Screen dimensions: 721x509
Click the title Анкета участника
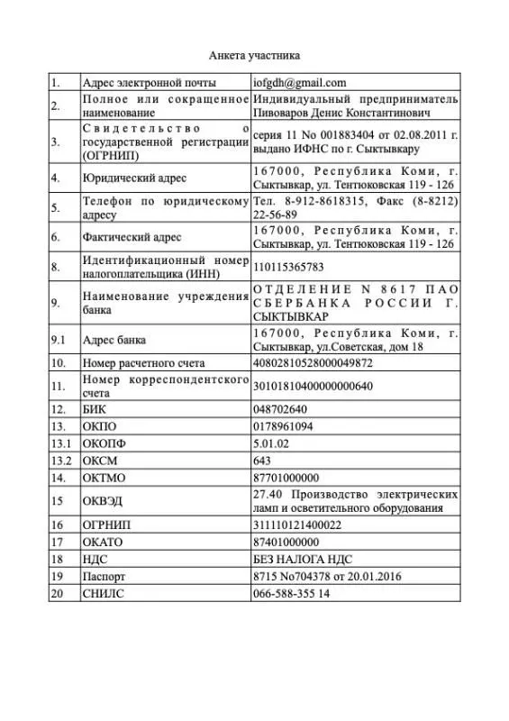pos(254,54)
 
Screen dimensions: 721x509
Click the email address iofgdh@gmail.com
pos(300,82)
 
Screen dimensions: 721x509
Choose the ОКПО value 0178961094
pos(284,425)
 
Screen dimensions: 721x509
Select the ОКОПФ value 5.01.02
pos(272,443)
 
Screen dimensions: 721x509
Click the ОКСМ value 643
pos(262,460)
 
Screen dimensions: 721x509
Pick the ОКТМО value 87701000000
pos(286,477)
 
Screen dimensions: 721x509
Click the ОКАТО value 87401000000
pos(286,542)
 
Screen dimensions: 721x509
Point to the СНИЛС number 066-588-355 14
pos(291,593)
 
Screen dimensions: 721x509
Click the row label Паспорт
pos(103,576)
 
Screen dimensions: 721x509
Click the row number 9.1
pos(59,340)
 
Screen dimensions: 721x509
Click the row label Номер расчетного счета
pos(143,363)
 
